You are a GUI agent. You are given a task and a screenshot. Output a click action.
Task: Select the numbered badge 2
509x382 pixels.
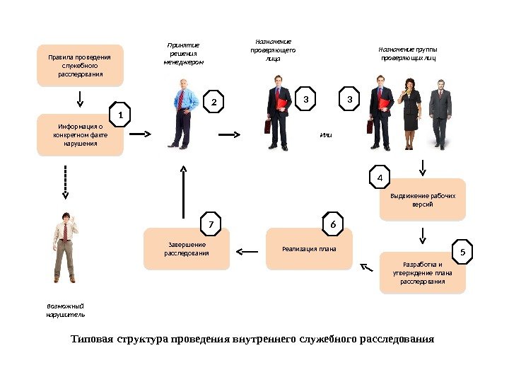pos(213,103)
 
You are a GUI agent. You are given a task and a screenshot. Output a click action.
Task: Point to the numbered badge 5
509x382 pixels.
pos(462,251)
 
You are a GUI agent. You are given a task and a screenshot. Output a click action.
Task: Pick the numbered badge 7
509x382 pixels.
pos(210,224)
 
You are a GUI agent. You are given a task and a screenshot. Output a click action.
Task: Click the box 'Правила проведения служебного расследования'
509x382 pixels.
pos(80,65)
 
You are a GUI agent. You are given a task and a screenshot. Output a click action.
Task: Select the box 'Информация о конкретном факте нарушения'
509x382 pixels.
pos(80,134)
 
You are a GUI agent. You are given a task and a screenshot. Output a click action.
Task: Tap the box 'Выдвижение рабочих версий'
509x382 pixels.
pos(423,199)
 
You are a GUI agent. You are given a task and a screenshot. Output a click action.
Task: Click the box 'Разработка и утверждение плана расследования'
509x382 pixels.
pos(423,272)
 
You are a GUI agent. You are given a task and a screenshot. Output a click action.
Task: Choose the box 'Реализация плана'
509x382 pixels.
pos(309,249)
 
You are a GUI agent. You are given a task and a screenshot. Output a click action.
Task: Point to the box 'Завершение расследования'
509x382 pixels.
pos(187,249)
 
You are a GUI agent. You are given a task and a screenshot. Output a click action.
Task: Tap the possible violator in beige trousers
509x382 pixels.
pos(65,248)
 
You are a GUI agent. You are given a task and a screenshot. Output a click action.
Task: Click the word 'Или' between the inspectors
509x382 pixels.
pos(325,134)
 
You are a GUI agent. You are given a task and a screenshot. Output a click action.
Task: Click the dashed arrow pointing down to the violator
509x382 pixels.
pos(65,181)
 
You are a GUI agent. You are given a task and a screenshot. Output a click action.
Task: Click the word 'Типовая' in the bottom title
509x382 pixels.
pos(92,339)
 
